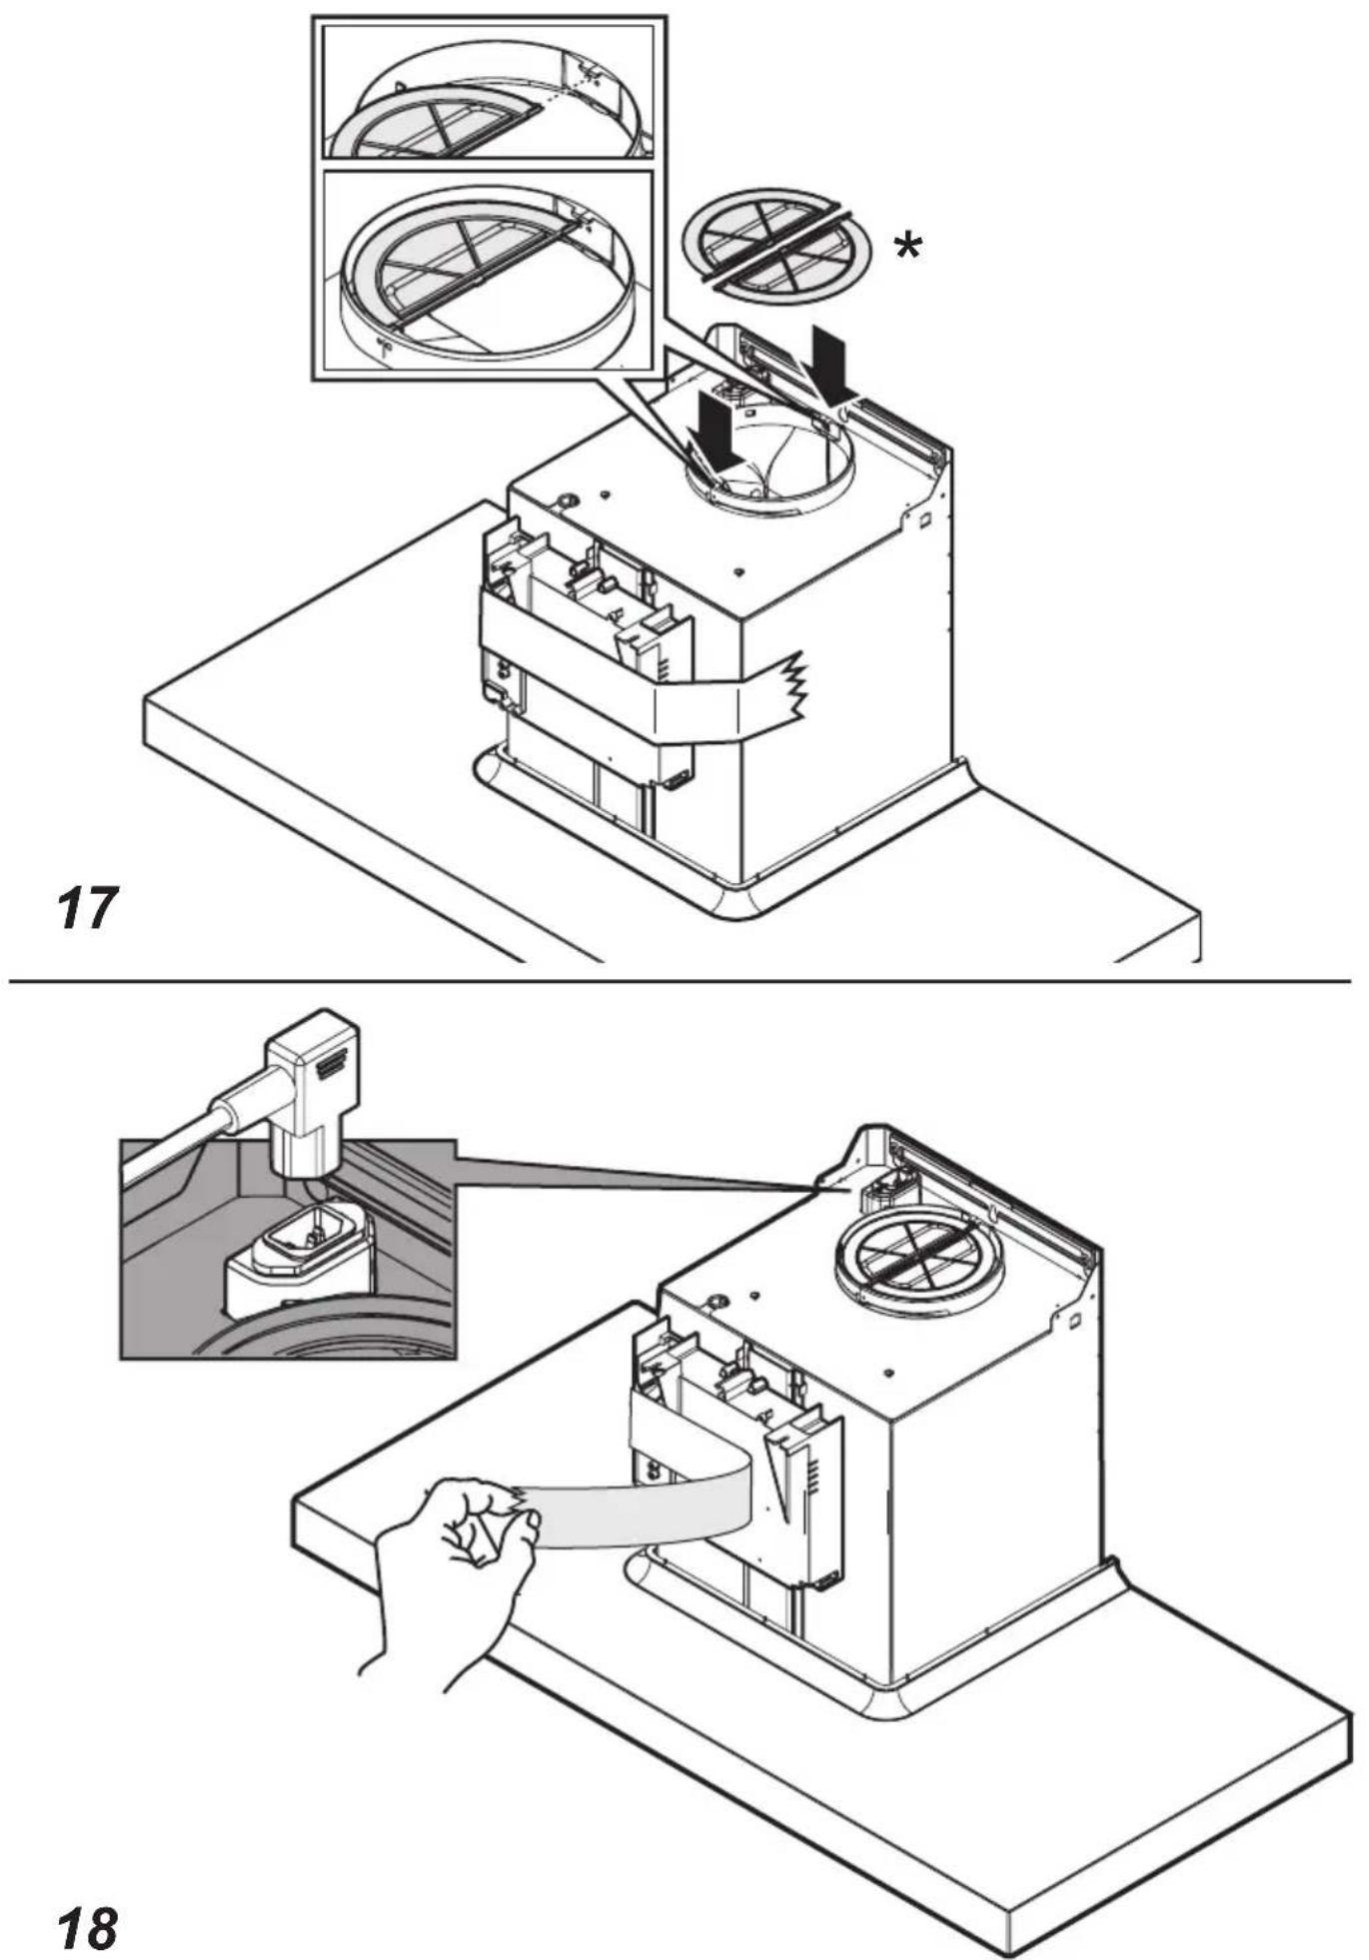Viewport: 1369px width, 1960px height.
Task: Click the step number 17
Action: click(x=87, y=907)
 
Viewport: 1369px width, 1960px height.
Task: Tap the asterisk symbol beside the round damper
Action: click(x=907, y=246)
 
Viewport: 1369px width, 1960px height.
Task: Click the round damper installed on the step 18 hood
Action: click(x=917, y=1268)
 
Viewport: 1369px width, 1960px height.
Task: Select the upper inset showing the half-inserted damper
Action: click(x=489, y=90)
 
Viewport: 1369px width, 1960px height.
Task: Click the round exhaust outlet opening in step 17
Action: click(x=769, y=470)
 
